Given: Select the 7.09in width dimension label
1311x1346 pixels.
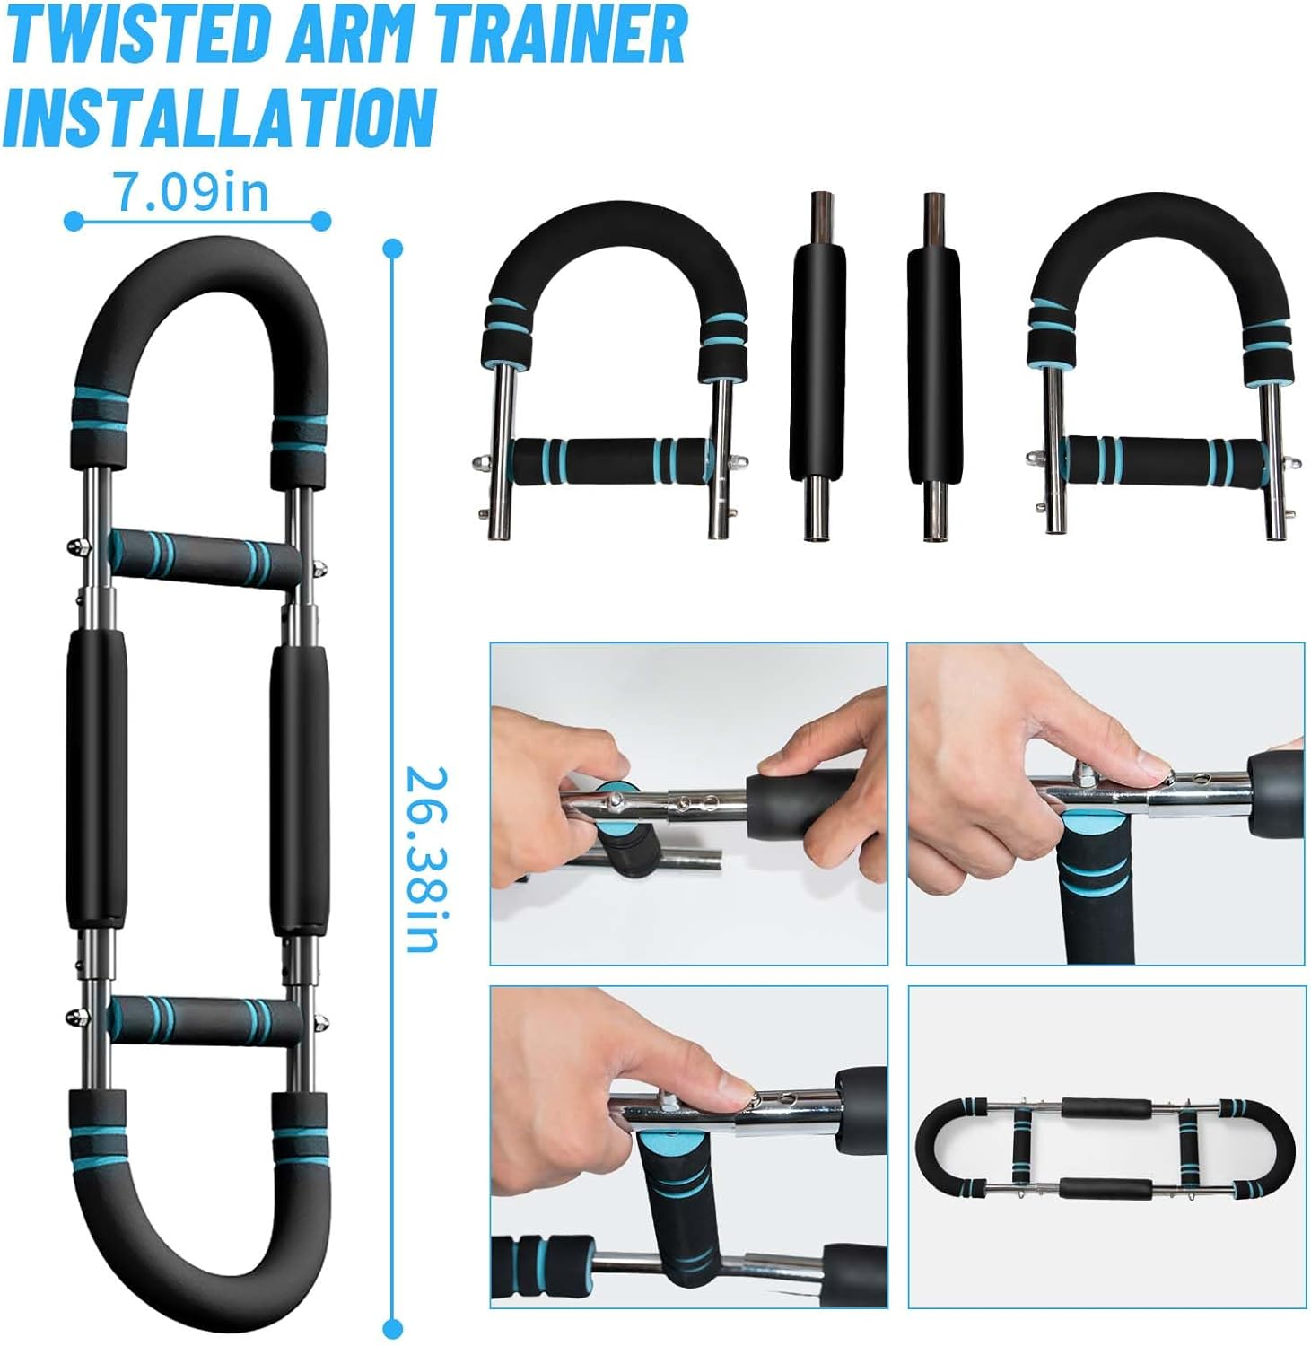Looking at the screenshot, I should (191, 191).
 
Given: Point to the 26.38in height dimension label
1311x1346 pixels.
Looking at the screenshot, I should (421, 859).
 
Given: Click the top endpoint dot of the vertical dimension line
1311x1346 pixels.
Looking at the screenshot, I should (392, 249).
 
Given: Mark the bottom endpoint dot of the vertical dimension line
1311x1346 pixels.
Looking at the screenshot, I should (392, 1328).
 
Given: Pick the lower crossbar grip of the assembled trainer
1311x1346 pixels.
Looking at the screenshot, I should (205, 1020).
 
